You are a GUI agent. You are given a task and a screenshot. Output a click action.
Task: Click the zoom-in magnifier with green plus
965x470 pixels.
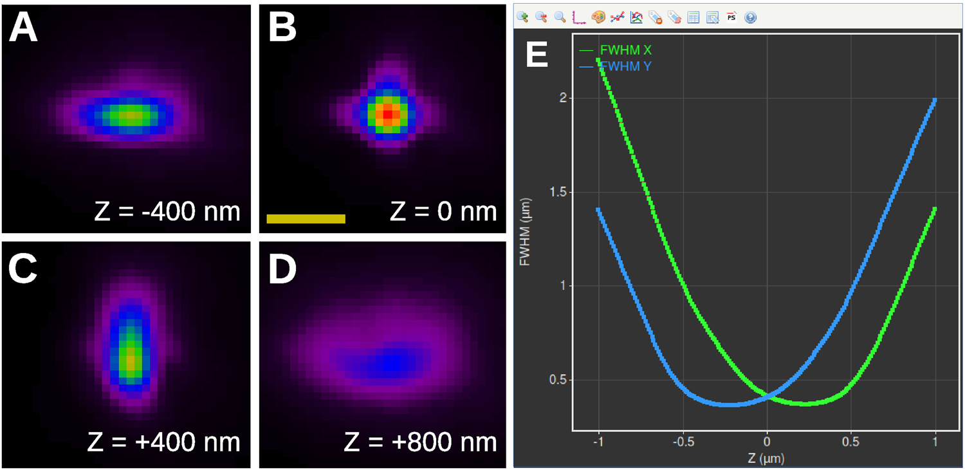pyautogui.click(x=522, y=17)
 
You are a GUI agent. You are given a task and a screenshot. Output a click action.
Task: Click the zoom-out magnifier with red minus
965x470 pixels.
pyautogui.click(x=541, y=17)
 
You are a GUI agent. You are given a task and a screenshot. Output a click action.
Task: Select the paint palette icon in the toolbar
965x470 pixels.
pyautogui.click(x=598, y=17)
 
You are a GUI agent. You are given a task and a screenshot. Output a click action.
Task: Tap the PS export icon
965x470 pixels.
pyautogui.click(x=731, y=17)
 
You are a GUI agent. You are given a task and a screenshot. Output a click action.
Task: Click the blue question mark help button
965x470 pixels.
pyautogui.click(x=750, y=17)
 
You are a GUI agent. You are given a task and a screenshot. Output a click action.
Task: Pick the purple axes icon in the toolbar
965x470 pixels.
pyautogui.click(x=579, y=17)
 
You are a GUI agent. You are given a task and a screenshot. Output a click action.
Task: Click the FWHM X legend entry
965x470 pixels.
pyautogui.click(x=621, y=50)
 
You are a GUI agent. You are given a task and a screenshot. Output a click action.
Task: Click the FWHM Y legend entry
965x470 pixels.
pyautogui.click(x=621, y=65)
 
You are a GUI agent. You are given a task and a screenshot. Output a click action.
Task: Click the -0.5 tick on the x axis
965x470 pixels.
pyautogui.click(x=683, y=442)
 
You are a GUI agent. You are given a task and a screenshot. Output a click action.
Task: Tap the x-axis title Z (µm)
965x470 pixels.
pyautogui.click(x=766, y=458)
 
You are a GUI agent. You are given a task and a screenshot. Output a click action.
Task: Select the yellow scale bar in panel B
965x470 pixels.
pyautogui.click(x=306, y=219)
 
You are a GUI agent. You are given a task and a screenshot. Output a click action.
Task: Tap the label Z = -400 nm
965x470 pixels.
pyautogui.click(x=167, y=211)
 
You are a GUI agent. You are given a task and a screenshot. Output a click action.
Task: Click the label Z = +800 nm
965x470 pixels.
pyautogui.click(x=420, y=442)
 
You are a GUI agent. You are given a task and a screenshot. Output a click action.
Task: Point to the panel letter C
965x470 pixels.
pyautogui.click(x=23, y=270)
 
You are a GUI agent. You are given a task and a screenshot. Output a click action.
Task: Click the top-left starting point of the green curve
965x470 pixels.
pyautogui.click(x=599, y=60)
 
